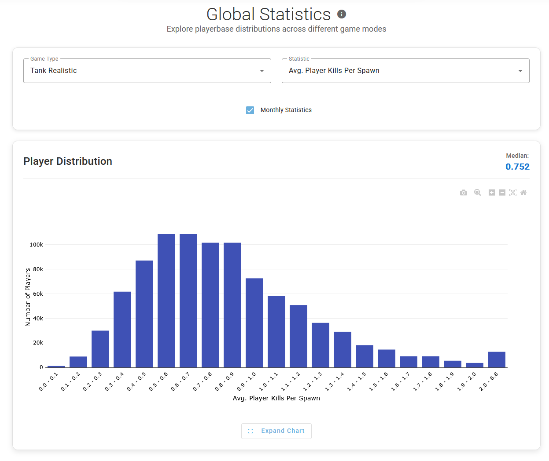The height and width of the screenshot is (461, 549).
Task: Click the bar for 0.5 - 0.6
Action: pos(166,301)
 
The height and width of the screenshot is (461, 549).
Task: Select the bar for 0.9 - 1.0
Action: pos(254,323)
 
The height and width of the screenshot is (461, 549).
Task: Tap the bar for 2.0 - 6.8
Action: pos(497,359)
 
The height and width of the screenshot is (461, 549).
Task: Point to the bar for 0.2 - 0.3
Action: pos(100,349)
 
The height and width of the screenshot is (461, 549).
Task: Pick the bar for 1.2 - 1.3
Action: pos(320,345)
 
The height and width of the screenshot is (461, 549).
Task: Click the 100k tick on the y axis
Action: pos(36,245)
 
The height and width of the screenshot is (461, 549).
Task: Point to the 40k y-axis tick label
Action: pos(38,319)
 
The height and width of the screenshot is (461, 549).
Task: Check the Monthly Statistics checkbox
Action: pos(250,110)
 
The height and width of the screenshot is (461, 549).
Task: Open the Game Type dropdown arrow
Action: pos(262,71)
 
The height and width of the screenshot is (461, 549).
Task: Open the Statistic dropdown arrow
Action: pos(520,71)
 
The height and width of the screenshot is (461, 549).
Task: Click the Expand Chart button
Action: pos(276,431)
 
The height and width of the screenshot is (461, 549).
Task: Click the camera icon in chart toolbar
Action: pos(464,192)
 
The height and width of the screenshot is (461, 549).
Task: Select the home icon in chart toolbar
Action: pos(523,192)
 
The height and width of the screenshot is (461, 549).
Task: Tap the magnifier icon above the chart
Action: pos(478,192)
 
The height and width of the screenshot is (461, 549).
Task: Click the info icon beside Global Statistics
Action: pos(342,14)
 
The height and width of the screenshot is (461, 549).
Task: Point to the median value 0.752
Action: pos(517,167)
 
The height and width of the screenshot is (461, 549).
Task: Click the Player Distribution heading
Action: pos(68,161)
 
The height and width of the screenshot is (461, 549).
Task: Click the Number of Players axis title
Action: pos(28,297)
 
